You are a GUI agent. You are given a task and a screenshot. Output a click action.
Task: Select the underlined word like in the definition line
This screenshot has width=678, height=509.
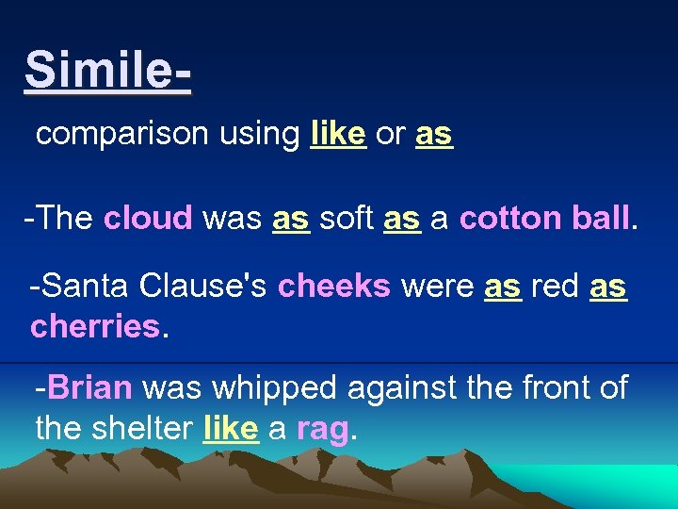pyautogui.click(x=337, y=134)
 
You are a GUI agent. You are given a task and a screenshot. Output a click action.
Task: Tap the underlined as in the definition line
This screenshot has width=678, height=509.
pyautogui.click(x=433, y=134)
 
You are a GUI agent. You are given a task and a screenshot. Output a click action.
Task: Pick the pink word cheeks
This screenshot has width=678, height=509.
pyautogui.click(x=334, y=287)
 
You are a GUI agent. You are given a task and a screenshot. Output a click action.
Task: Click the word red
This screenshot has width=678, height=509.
pyautogui.click(x=555, y=287)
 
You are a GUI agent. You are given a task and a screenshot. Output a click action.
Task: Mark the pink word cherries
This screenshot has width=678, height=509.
pyautogui.click(x=94, y=326)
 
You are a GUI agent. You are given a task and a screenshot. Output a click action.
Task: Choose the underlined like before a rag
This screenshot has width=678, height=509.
pyautogui.click(x=231, y=429)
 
